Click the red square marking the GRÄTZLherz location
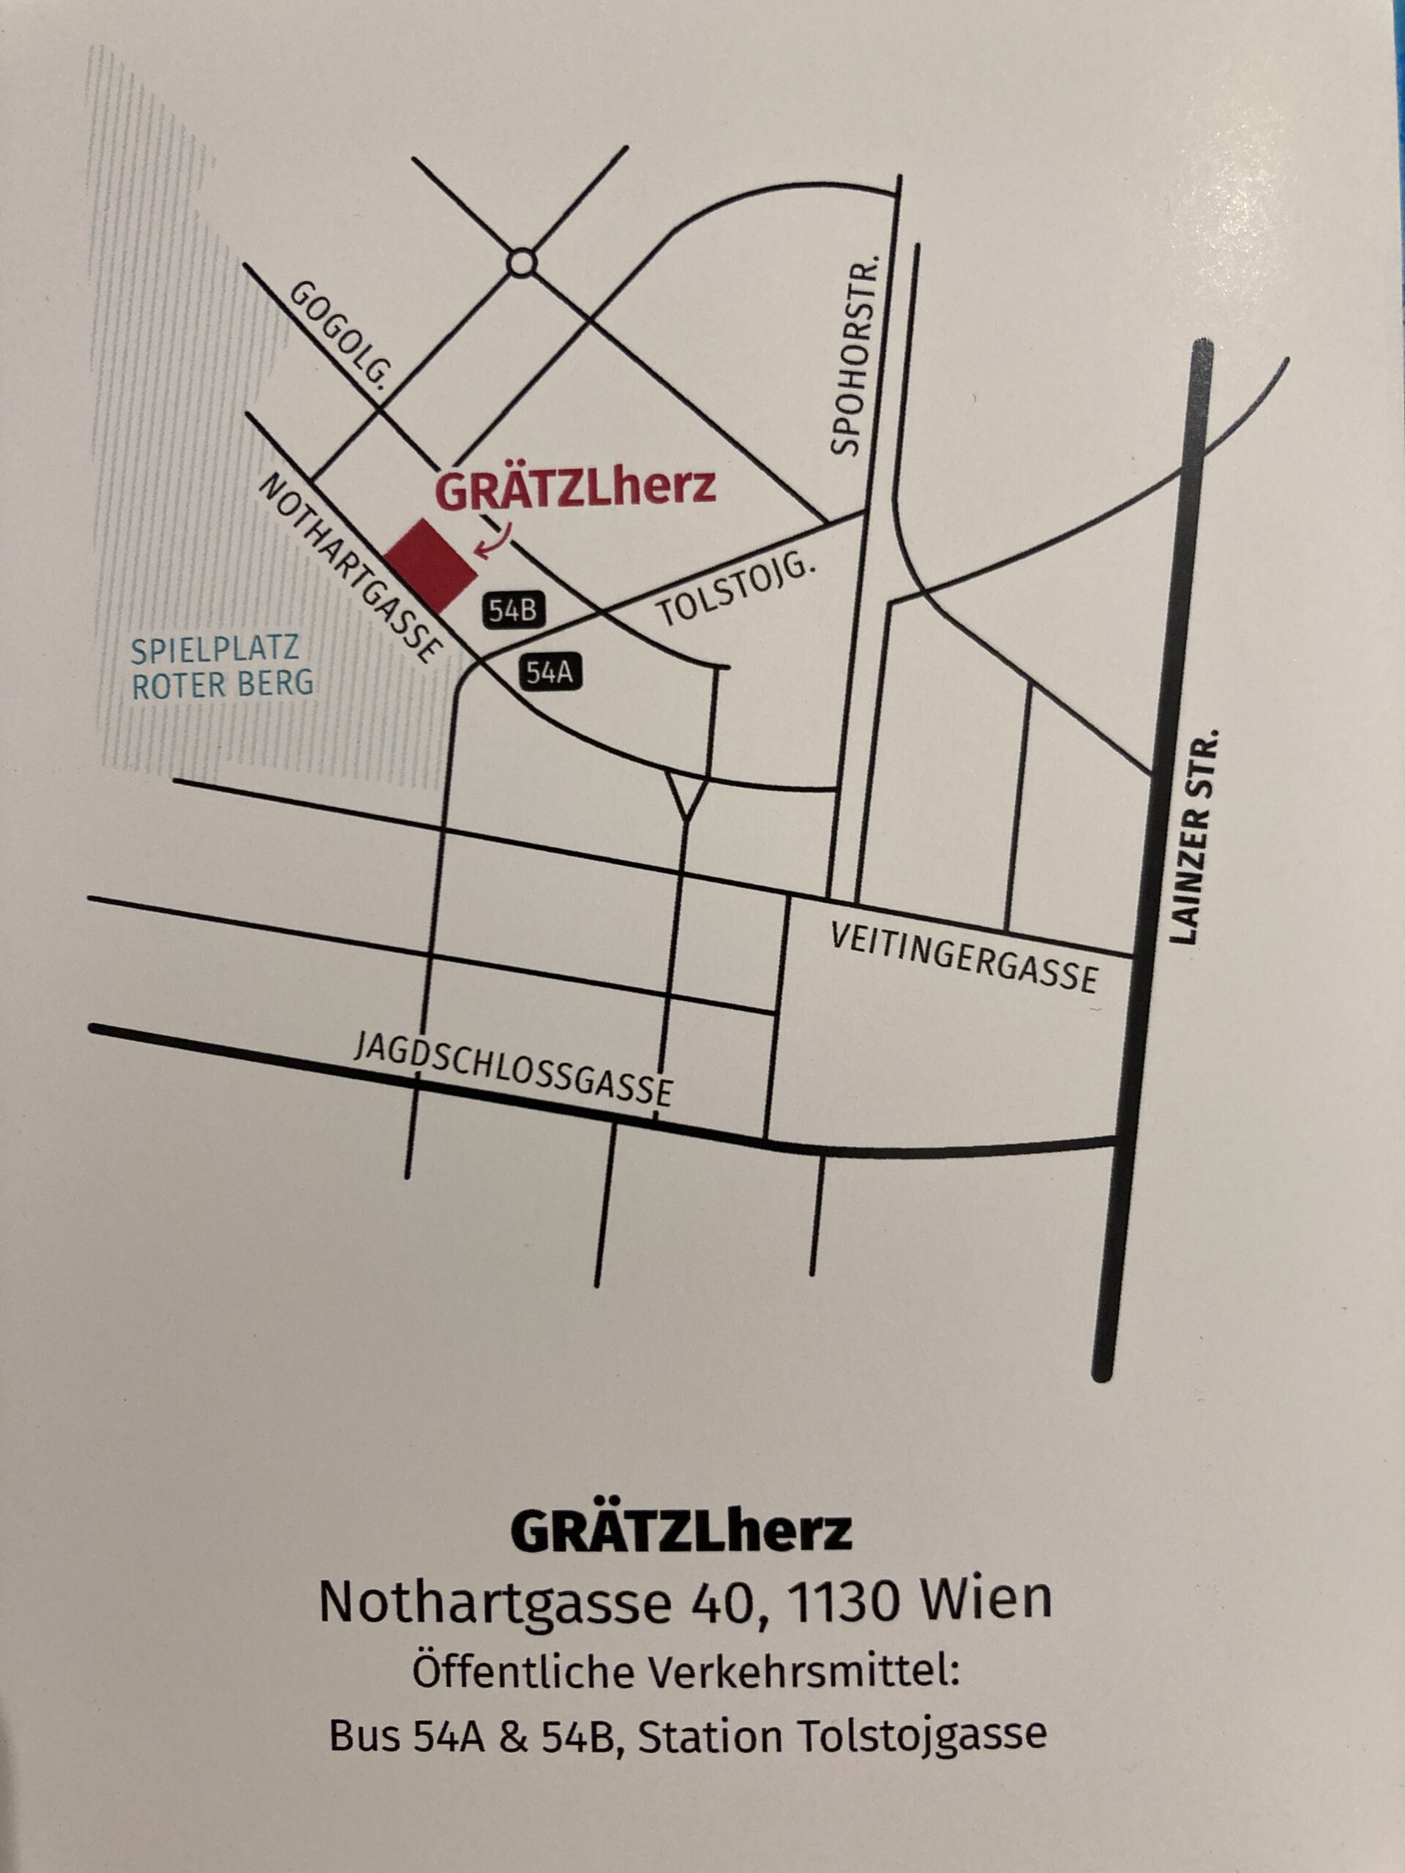(431, 566)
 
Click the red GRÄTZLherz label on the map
(576, 489)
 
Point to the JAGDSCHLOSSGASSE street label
(513, 1070)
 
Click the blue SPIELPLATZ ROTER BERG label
(222, 667)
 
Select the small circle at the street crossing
(522, 263)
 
